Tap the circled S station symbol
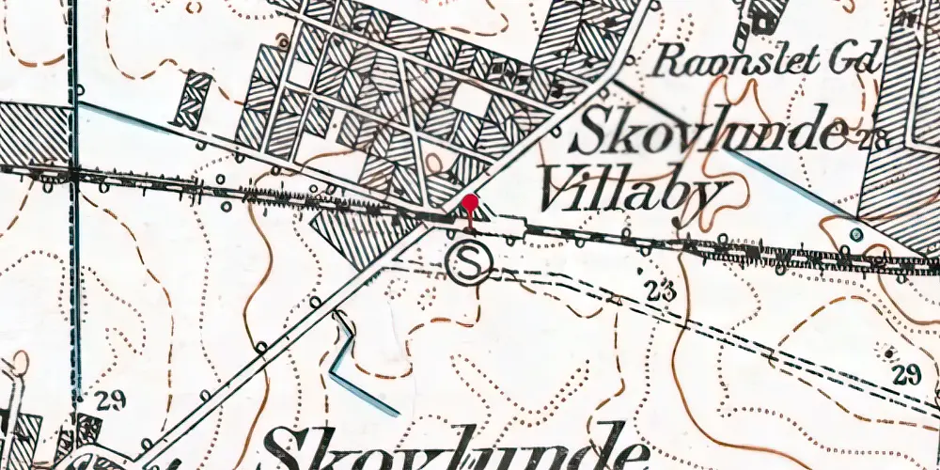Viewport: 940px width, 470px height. [469, 262]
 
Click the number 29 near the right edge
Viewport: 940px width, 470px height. [906, 376]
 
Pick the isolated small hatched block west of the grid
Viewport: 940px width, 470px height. [196, 100]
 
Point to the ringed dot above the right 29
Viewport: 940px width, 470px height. [888, 349]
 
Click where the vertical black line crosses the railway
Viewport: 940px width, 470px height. [73, 172]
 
